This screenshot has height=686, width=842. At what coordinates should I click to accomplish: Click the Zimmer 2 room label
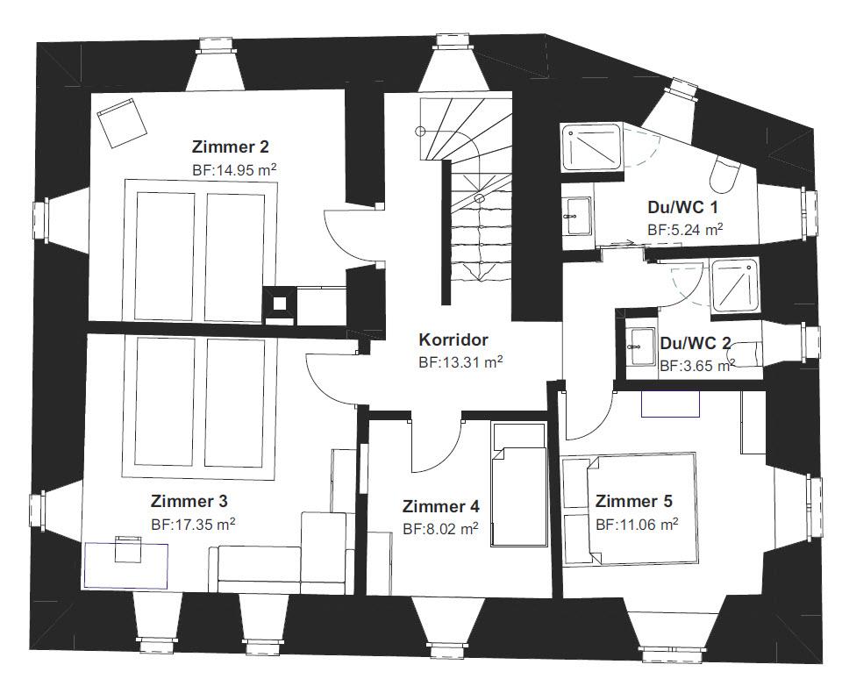click(231, 146)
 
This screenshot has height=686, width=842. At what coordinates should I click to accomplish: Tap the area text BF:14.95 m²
click(234, 170)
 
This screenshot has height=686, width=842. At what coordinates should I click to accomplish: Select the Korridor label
click(453, 339)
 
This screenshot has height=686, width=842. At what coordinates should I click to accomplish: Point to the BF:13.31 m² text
click(460, 362)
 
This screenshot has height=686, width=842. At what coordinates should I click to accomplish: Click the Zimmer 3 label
click(189, 501)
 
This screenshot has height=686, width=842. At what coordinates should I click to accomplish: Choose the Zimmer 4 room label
click(441, 506)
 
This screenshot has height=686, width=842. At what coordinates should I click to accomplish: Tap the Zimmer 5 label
click(633, 501)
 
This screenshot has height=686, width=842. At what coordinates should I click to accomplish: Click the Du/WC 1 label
click(683, 207)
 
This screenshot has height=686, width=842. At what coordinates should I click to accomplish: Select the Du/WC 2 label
click(696, 343)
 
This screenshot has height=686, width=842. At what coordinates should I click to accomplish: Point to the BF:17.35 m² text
click(193, 525)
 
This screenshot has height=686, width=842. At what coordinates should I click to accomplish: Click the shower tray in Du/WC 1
click(592, 146)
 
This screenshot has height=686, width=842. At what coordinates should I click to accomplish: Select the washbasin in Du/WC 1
click(578, 216)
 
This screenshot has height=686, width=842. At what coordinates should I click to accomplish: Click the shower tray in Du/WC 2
click(735, 285)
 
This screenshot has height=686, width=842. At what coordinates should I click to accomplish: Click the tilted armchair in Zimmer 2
click(123, 123)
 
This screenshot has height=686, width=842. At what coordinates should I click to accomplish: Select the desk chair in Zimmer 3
click(128, 548)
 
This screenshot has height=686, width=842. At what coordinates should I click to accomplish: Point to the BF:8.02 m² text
click(441, 529)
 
